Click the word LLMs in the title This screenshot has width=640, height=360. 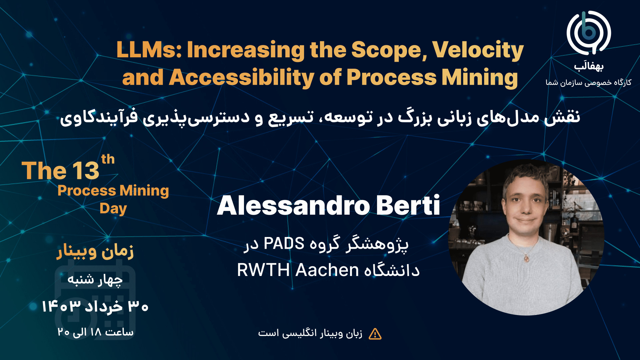tap(149, 50)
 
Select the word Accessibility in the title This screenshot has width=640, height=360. tap(242, 78)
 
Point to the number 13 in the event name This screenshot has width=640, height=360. tap(86, 171)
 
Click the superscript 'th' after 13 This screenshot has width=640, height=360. tap(108, 159)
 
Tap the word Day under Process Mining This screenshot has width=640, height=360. tap(113, 209)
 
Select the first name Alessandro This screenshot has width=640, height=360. tap(293, 205)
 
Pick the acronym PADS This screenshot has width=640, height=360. tap(284, 243)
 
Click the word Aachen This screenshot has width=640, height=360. tap(327, 270)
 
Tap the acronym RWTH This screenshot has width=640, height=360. tap(263, 270)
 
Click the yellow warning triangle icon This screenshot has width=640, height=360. tap(375, 334)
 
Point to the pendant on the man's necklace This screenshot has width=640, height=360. tap(526, 258)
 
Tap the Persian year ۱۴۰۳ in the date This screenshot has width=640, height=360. tap(61, 306)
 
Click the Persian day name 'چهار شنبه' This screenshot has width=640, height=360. tap(95, 280)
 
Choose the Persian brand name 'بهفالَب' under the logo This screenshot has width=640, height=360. tap(589, 66)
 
